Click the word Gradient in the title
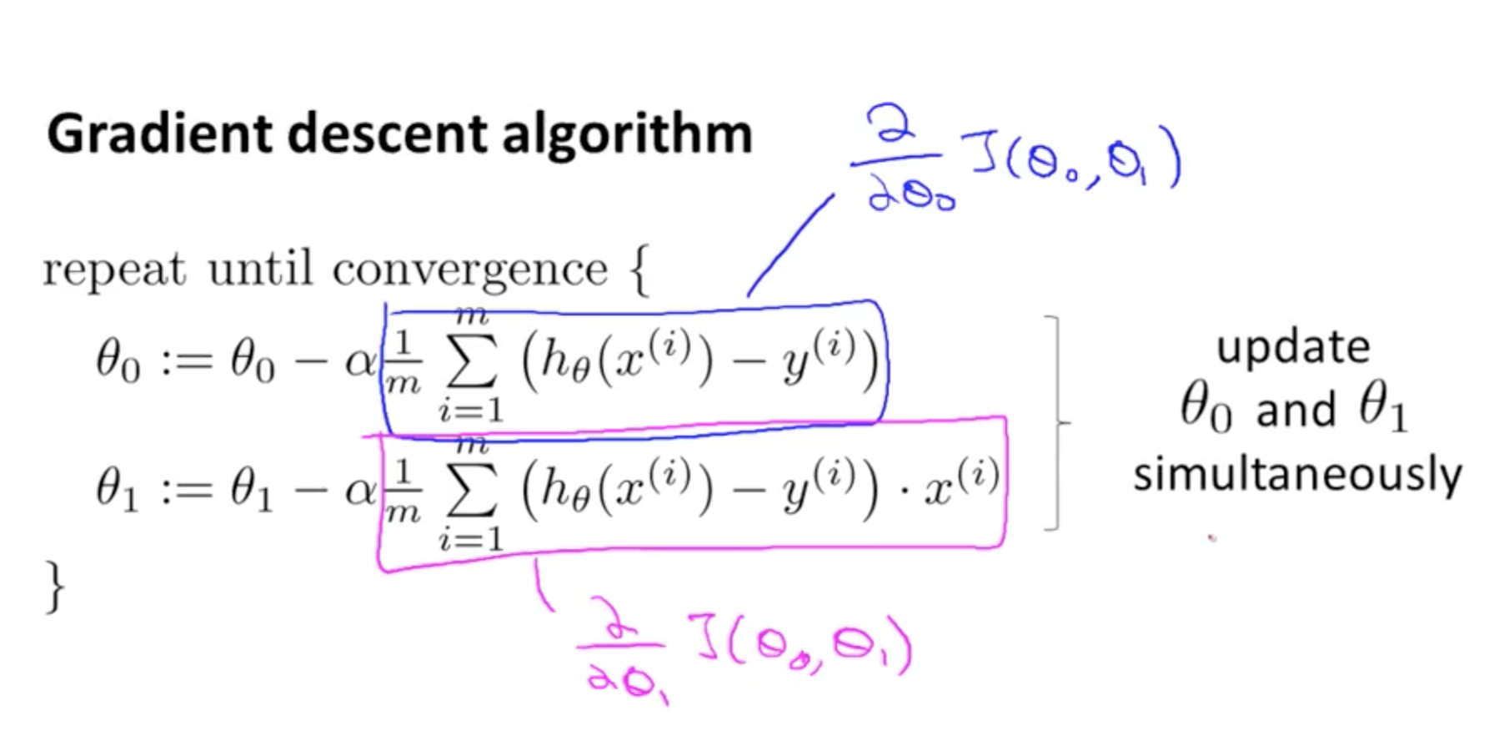pyautogui.click(x=159, y=134)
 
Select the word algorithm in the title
pyautogui.click(x=627, y=134)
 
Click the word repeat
pyautogui.click(x=114, y=270)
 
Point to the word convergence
pyautogui.click(x=469, y=270)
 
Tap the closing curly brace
pyautogui.click(x=54, y=586)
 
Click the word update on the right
pyautogui.click(x=1293, y=346)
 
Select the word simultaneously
pyautogui.click(x=1297, y=475)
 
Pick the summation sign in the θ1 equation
pyautogui.click(x=472, y=492)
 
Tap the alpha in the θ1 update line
pyautogui.click(x=361, y=491)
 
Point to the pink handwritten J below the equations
pyautogui.click(x=707, y=638)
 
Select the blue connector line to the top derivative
pyautogui.click(x=790, y=244)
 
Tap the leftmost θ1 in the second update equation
pyautogui.click(x=116, y=491)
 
